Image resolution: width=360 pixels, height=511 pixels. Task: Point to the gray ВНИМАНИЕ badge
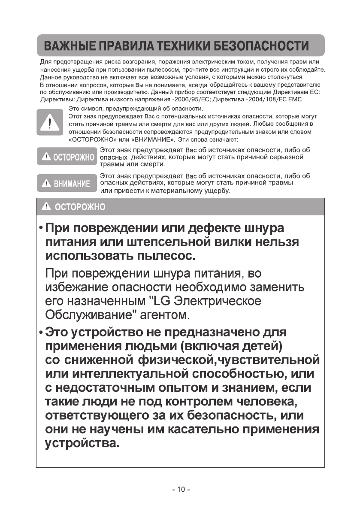pos(66,184)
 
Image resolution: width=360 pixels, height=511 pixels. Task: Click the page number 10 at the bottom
pos(180,490)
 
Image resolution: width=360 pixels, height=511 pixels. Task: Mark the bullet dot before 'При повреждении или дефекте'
pos(41,227)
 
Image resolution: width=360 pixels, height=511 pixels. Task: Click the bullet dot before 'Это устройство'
pos(41,332)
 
